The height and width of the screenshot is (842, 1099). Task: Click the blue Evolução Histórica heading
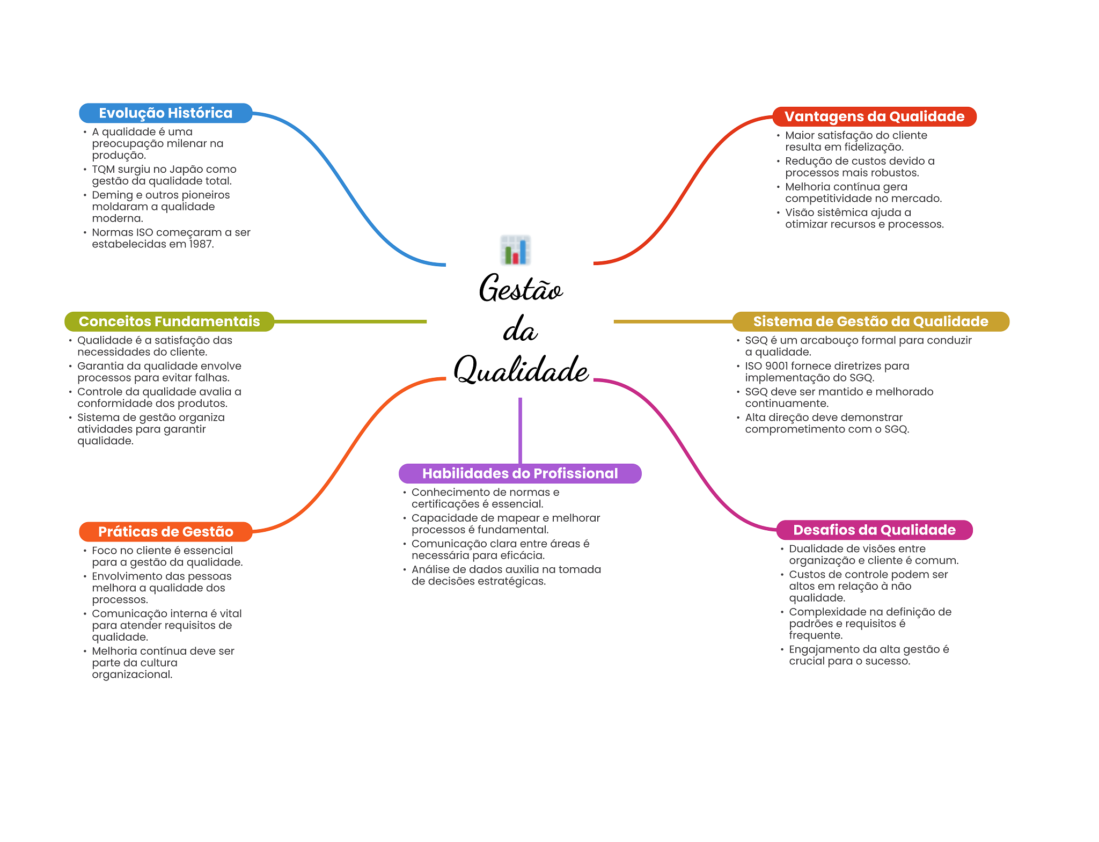[165, 113]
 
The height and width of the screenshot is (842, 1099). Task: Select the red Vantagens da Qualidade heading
[874, 116]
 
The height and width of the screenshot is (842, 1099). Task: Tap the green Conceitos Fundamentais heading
[169, 321]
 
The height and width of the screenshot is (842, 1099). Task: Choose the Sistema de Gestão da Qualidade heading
[870, 321]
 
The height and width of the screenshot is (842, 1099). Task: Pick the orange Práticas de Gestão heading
[165, 532]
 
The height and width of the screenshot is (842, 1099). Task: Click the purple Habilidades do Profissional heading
[520, 473]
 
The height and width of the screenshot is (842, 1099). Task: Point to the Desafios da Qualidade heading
[874, 530]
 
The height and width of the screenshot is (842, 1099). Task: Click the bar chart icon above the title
[516, 250]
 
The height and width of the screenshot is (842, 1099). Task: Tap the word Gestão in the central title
[521, 289]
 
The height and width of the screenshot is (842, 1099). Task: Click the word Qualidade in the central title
[521, 370]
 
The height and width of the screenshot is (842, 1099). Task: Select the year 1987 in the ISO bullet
[201, 244]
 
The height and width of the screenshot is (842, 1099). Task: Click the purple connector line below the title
[520, 429]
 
